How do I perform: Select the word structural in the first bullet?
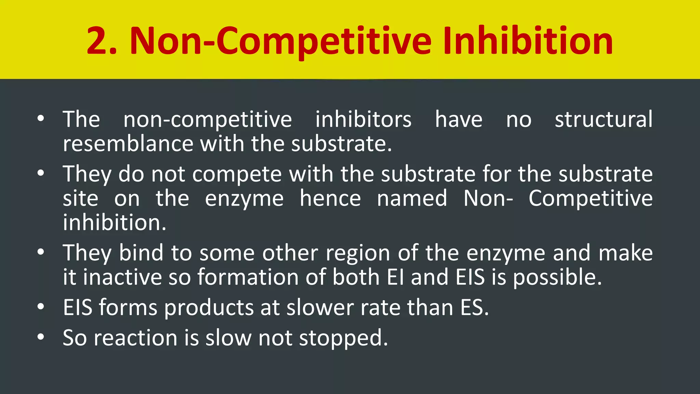point(604,119)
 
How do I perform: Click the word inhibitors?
point(363,119)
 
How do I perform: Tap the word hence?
point(330,198)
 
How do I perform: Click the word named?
point(412,198)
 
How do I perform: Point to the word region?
point(358,253)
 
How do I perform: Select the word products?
point(208,307)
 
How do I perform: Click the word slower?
point(320,307)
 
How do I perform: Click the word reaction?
point(135,338)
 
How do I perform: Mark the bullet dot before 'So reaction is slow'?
point(41,337)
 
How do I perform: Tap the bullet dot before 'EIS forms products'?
point(41,307)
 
